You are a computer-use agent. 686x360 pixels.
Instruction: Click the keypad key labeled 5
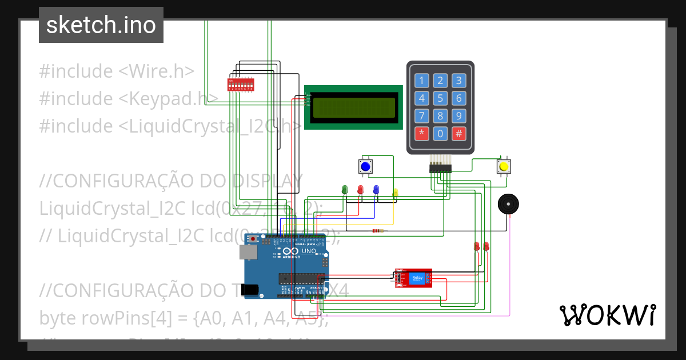pos(440,98)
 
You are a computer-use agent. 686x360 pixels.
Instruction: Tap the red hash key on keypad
pos(458,134)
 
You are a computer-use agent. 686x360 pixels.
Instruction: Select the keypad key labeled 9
pos(458,116)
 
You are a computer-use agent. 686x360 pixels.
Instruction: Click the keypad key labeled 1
pos(421,80)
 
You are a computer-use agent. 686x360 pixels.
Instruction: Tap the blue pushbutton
pos(365,166)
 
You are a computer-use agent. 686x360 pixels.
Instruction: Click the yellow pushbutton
pos(504,166)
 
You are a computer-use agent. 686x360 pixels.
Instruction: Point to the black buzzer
pos(508,204)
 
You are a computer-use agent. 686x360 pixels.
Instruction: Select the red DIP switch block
pos(241,85)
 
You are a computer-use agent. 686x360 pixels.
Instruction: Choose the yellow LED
pos(395,193)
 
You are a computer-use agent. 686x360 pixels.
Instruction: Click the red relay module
pos(413,279)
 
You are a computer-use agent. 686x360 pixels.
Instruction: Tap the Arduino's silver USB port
pos(248,252)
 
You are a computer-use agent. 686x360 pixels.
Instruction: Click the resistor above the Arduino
pos(378,231)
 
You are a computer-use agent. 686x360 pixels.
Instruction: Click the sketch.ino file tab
pos(101,25)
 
